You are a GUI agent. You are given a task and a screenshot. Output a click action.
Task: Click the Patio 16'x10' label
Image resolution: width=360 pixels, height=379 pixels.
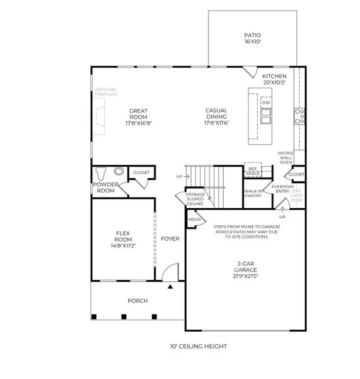252,39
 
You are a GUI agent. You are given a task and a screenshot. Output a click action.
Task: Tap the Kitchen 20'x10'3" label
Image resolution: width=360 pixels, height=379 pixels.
274,79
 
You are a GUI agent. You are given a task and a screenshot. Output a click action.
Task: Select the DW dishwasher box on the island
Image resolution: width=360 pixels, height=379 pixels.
266,102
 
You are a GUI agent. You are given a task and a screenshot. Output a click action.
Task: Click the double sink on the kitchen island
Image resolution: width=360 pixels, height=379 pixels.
266,116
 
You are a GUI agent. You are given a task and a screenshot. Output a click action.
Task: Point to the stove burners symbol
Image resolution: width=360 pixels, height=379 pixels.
299,115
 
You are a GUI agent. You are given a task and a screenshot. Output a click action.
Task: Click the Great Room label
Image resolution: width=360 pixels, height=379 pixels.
138,117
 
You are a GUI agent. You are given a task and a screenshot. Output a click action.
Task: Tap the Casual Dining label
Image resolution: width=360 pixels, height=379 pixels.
216,117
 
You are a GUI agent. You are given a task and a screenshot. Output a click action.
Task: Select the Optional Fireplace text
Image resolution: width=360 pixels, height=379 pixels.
106,92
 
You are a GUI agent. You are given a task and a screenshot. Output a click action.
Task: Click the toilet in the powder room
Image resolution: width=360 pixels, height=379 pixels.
102,174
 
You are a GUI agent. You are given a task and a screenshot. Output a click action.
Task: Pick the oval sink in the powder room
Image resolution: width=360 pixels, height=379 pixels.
119,172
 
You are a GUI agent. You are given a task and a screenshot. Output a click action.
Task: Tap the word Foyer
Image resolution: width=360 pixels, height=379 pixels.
170,239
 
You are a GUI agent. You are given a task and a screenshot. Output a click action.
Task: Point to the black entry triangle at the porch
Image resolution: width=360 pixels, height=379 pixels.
170,286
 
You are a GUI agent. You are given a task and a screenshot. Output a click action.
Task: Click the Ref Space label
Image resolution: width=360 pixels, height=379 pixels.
253,171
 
